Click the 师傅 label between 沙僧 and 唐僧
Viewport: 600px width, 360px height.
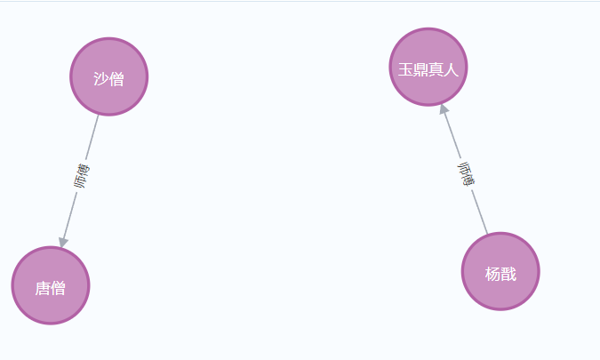point(82,176)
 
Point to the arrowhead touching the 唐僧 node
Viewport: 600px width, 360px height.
point(63,242)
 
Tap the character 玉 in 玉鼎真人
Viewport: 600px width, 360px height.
point(404,69)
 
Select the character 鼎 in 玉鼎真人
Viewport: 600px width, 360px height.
point(420,69)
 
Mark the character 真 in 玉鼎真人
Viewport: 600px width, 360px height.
point(436,69)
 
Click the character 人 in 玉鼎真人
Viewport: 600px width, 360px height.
point(451,69)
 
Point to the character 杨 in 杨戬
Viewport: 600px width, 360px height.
point(492,274)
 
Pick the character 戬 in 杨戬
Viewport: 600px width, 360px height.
point(508,274)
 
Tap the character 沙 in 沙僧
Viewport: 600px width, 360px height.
point(100,79)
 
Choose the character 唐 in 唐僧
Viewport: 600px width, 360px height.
point(43,288)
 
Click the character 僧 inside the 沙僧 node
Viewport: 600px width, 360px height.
point(116,79)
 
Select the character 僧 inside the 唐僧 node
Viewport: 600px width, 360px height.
point(59,288)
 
